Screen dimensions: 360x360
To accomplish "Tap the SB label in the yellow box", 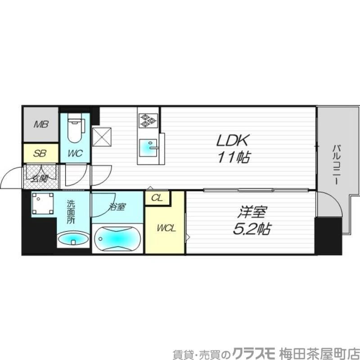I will point(40,153).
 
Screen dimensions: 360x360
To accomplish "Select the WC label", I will point(75,153).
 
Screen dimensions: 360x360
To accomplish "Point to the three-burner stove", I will point(148,120).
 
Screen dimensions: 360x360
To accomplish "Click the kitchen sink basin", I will point(148,147).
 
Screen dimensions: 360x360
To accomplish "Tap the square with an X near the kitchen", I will point(102,137).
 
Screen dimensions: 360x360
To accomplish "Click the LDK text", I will point(232,141).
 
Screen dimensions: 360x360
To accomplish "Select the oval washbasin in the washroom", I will point(73,238).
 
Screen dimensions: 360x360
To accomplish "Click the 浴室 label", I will point(117,207).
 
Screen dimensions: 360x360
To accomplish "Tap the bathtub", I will point(118,239).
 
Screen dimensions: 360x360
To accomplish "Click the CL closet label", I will point(157,198).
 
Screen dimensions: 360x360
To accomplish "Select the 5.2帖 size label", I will point(252,229).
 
